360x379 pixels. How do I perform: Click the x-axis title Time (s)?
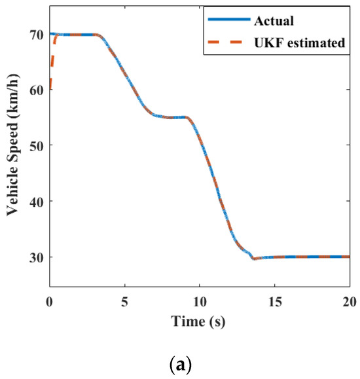click(200, 321)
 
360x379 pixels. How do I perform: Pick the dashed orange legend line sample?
click(229, 43)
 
